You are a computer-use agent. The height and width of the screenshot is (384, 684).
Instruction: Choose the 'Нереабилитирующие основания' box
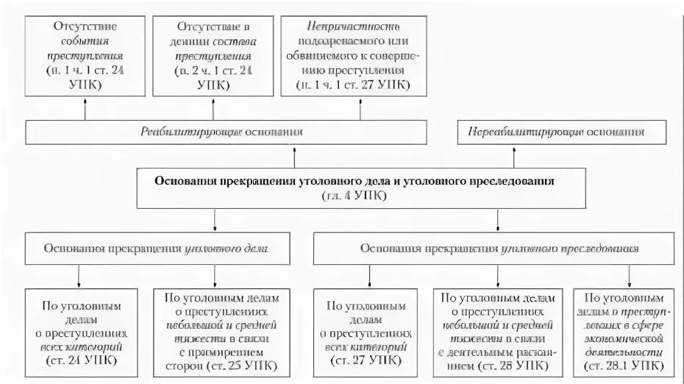pos(562,132)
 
